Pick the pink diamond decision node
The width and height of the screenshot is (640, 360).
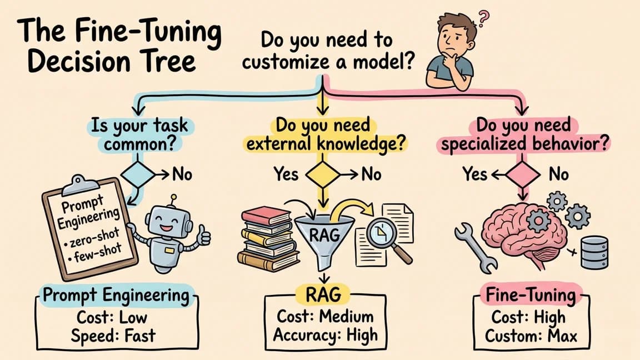pos(521,174)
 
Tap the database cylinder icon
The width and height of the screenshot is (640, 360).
pos(594,253)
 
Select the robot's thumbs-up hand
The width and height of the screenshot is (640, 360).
pos(204,237)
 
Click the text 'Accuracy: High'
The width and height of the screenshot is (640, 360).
pos(326,335)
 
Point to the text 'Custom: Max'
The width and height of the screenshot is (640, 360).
pos(531,336)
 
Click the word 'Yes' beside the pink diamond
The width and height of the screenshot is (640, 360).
pos(475,174)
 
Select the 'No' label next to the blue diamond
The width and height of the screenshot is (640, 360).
pos(181,174)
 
